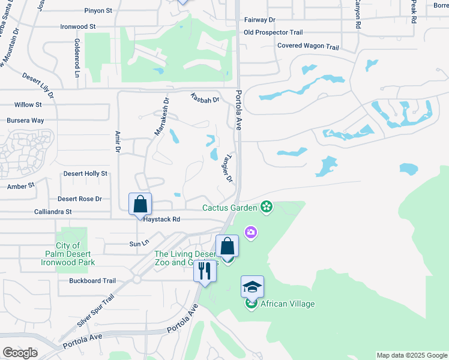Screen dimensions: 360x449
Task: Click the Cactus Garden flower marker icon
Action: [x=267, y=208]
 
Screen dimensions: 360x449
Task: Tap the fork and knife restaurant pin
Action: [x=205, y=272]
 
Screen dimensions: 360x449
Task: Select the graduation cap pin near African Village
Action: [x=252, y=287]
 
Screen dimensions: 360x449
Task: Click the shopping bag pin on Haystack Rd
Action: [x=140, y=204]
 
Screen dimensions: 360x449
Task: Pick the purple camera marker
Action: [x=251, y=232]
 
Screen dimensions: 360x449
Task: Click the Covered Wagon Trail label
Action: [x=308, y=46]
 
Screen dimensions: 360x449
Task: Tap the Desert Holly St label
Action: [x=85, y=173]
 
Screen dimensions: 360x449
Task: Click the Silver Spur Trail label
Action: [x=95, y=311]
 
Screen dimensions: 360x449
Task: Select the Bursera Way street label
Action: [x=25, y=121]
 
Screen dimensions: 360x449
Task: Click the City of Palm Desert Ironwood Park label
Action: [x=68, y=254]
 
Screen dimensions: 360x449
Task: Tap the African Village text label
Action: [x=287, y=304]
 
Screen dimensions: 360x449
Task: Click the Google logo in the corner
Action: [x=20, y=353]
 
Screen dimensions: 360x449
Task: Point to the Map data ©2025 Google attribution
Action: [x=411, y=355]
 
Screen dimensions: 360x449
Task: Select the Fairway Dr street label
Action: [x=259, y=20]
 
